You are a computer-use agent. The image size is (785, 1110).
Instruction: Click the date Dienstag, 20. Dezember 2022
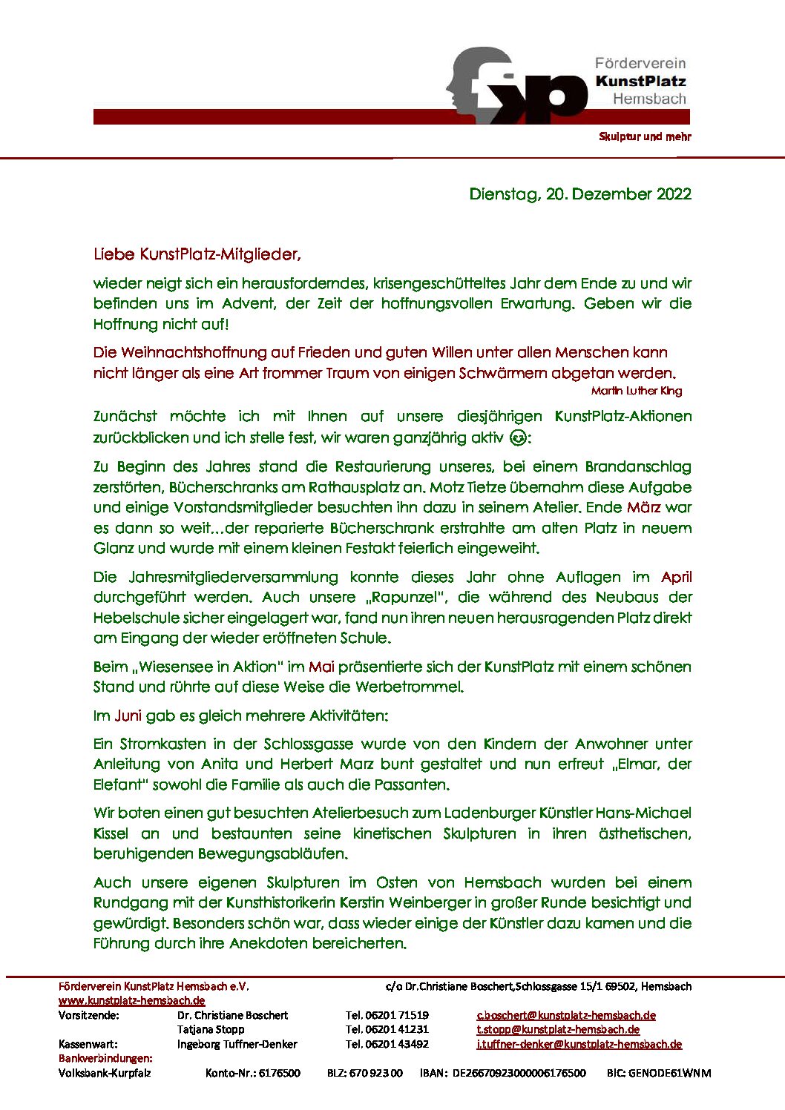579,194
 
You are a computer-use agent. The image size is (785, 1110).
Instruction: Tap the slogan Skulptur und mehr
645,136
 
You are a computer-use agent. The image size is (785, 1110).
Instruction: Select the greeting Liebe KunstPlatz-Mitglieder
197,254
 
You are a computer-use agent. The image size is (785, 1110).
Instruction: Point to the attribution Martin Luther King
636,391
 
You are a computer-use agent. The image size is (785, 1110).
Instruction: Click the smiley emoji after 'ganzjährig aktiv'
519,437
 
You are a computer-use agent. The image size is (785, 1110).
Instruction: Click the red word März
643,508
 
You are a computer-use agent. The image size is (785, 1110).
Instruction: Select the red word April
676,577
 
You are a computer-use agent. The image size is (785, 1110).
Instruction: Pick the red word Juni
127,716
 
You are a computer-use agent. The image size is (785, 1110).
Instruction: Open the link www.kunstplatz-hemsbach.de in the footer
132,1000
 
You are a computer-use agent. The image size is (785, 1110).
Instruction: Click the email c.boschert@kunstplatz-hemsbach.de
565,1015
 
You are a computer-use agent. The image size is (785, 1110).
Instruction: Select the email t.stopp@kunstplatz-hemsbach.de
557,1029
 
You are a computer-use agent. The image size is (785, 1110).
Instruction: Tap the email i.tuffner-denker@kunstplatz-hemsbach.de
579,1044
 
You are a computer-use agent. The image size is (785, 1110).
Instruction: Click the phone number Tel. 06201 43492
387,1044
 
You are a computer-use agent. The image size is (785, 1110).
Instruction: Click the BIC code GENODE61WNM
658,1073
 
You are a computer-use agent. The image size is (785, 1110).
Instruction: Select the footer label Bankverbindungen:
105,1058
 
